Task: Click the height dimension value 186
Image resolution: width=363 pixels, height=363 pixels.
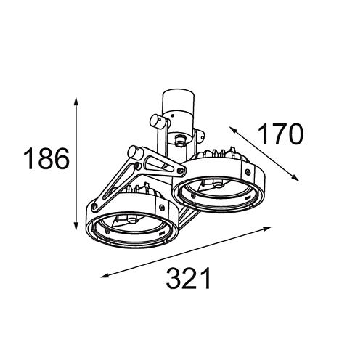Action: pos(46,159)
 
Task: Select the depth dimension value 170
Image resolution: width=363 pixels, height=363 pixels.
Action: pos(280,134)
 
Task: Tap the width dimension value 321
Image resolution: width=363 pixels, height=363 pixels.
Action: pos(188,278)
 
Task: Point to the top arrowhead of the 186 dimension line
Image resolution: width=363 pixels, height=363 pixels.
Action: pos(76,101)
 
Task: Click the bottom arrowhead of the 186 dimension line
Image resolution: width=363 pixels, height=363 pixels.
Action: pos(76,227)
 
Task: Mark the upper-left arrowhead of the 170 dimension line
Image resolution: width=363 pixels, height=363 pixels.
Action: pos(233,130)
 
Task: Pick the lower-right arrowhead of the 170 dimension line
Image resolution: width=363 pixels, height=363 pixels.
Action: pos(295,178)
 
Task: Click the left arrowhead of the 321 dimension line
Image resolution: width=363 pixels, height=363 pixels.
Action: pos(105,275)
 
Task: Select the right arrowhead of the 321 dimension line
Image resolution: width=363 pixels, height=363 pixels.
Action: pos(267,229)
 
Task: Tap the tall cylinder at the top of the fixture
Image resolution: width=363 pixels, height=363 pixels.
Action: pos(179,104)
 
